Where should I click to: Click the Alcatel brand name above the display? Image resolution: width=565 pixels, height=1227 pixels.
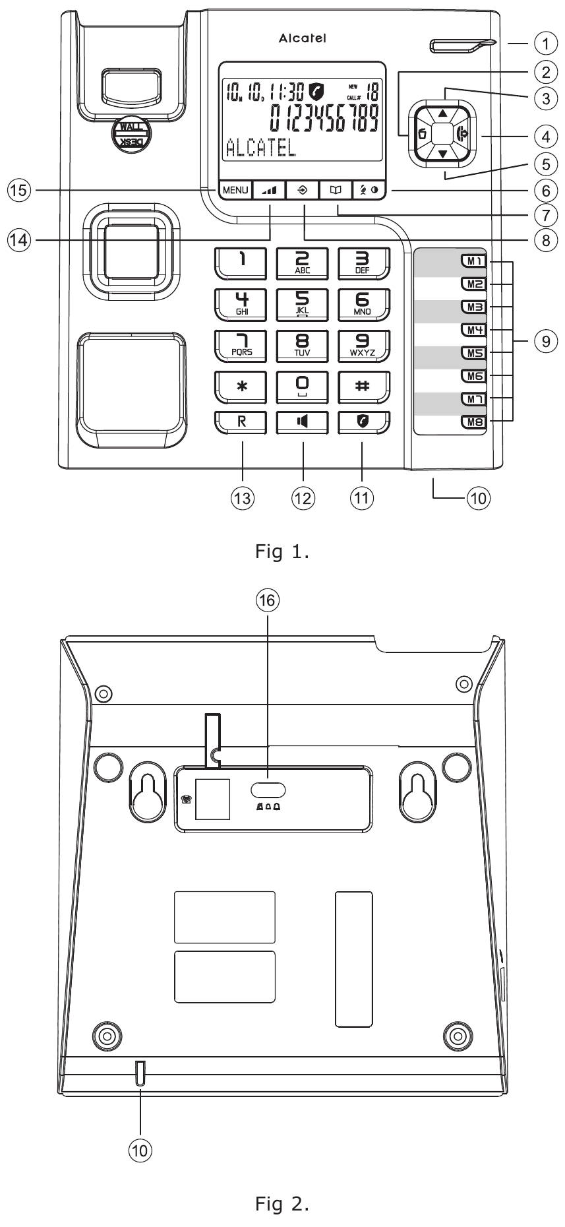(302, 39)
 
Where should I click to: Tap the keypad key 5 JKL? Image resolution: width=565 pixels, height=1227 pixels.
(302, 304)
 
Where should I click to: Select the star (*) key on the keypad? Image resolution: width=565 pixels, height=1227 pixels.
(242, 387)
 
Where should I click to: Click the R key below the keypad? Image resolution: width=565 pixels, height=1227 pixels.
(241, 422)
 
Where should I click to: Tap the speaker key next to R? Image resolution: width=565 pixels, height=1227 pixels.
(302, 422)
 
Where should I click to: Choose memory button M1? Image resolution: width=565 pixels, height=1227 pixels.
(473, 261)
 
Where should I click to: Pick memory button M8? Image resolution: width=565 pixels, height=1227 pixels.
(473, 422)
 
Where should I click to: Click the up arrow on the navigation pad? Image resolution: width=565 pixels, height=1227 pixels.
(442, 113)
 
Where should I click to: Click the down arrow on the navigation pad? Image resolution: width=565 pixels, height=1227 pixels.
(442, 154)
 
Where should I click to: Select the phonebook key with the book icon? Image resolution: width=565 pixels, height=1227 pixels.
(336, 190)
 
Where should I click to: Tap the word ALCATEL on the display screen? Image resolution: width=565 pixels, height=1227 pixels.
(260, 148)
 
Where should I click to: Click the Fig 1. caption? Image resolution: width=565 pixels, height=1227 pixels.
(282, 551)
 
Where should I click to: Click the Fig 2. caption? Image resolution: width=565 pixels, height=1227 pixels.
(282, 1204)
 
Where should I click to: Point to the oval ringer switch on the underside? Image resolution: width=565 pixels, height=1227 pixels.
(268, 790)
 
